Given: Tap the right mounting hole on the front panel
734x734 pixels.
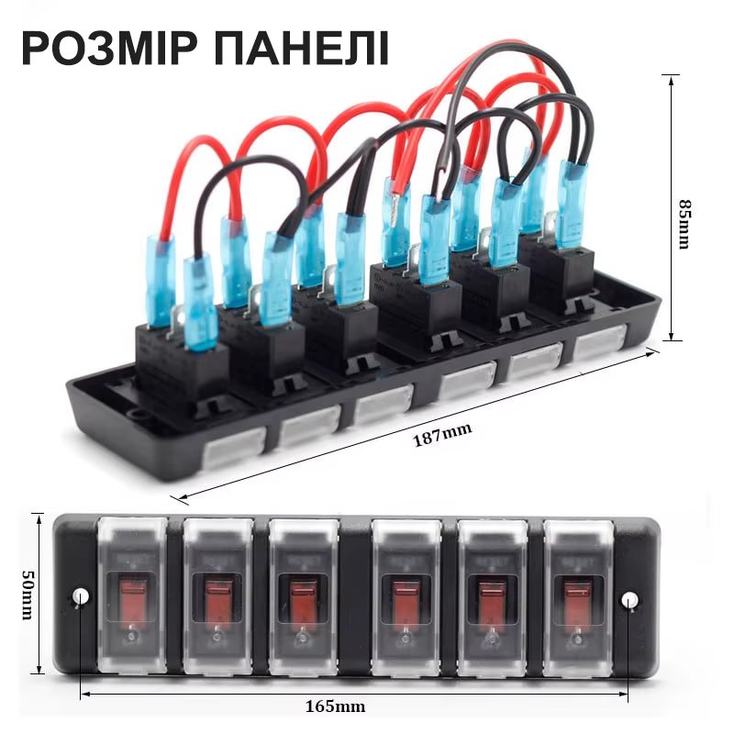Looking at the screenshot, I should pyautogui.click(x=628, y=601).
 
